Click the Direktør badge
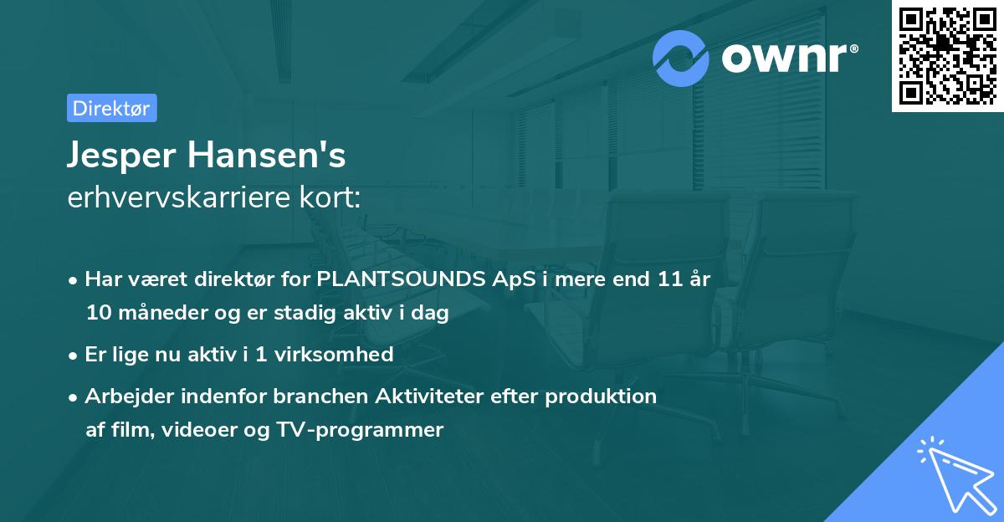point(111,108)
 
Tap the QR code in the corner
point(946,55)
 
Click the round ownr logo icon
point(681,59)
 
